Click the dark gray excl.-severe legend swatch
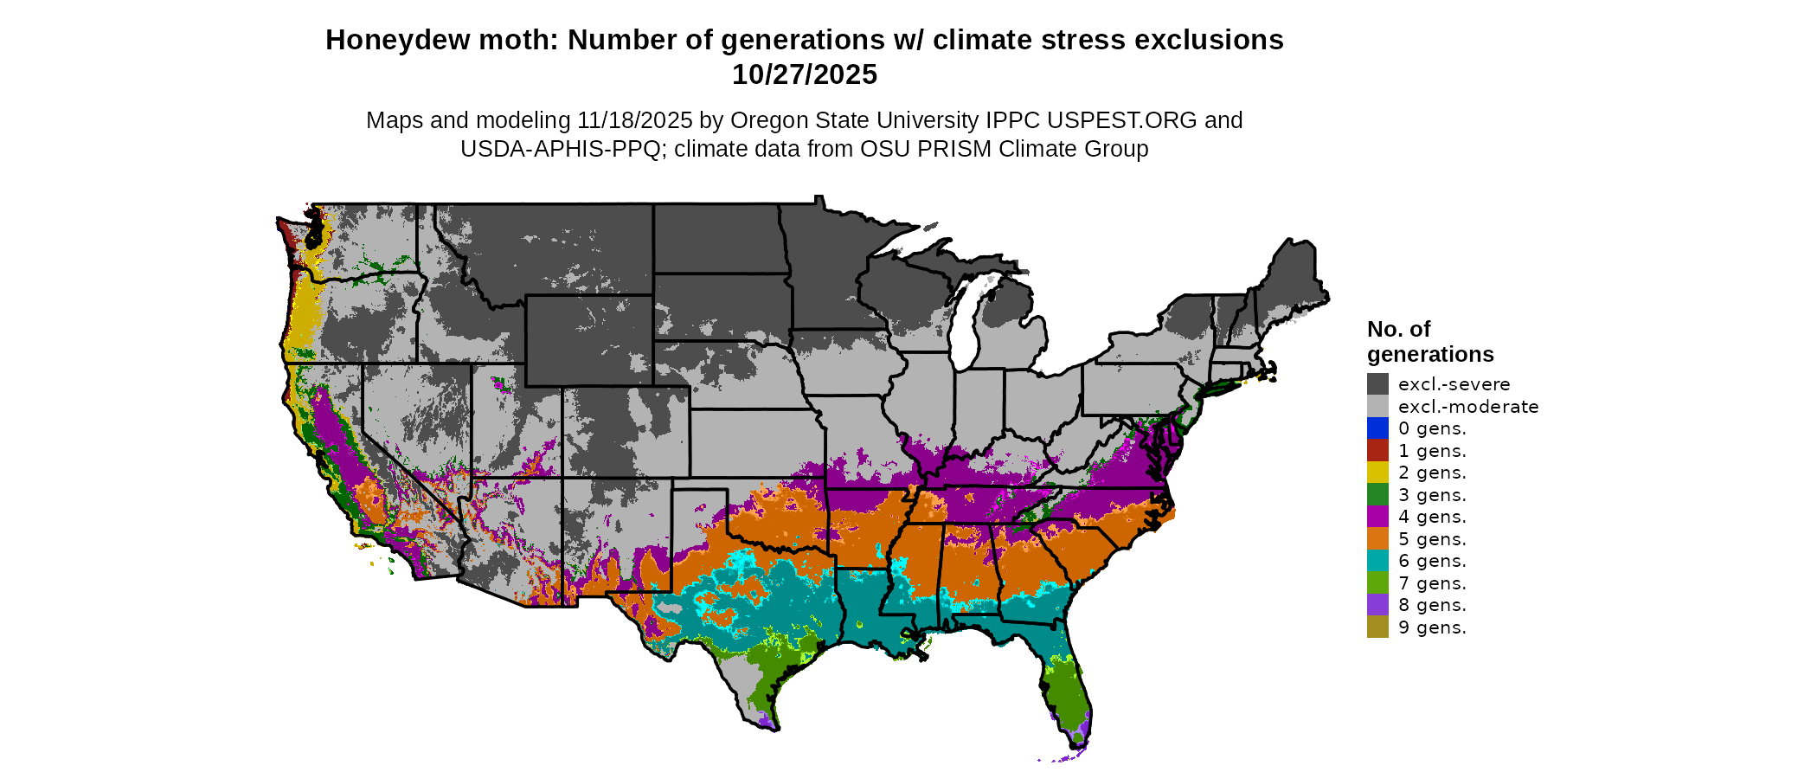click(x=1377, y=384)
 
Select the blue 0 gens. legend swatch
click(x=1377, y=428)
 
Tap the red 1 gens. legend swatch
click(x=1377, y=451)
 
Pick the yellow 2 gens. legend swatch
click(x=1377, y=473)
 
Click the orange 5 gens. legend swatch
click(x=1377, y=539)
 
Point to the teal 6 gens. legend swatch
click(x=1377, y=561)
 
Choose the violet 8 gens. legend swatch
click(x=1377, y=605)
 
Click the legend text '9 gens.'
click(x=1432, y=627)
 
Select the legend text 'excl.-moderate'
click(x=1468, y=407)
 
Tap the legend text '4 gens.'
click(x=1432, y=517)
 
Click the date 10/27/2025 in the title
click(x=805, y=74)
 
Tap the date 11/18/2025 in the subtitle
click(x=635, y=120)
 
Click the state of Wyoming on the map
click(x=588, y=340)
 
